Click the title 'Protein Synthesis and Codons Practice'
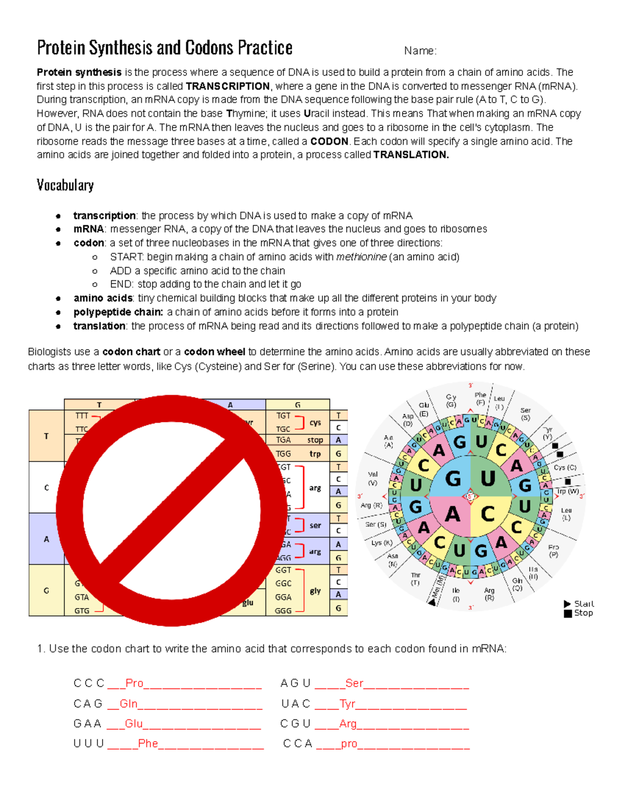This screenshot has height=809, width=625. pos(165,48)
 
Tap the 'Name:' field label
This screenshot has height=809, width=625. pos(420,51)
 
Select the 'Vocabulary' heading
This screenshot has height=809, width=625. pos(65,185)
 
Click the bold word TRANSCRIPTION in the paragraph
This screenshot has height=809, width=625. pos(228,86)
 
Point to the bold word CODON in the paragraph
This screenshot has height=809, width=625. pos(329,142)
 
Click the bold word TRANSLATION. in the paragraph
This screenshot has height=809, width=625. pos(411,155)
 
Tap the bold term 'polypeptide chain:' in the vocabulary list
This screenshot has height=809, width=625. pos(118,312)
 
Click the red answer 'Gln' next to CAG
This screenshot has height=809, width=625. pos(129,704)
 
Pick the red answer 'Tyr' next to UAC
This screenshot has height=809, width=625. pos(347,704)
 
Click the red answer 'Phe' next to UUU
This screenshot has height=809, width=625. pos(148,743)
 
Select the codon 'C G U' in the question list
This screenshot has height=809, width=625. pos(295,724)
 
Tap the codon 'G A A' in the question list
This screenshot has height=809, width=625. pos(87,724)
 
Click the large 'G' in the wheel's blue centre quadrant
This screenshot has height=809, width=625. pos(453,478)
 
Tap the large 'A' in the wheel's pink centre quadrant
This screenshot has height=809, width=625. pos(452,515)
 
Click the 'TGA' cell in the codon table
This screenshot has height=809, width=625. pos(283,440)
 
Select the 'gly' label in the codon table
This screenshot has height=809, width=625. pos(315,591)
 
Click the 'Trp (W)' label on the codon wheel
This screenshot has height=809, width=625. pos(567,491)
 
